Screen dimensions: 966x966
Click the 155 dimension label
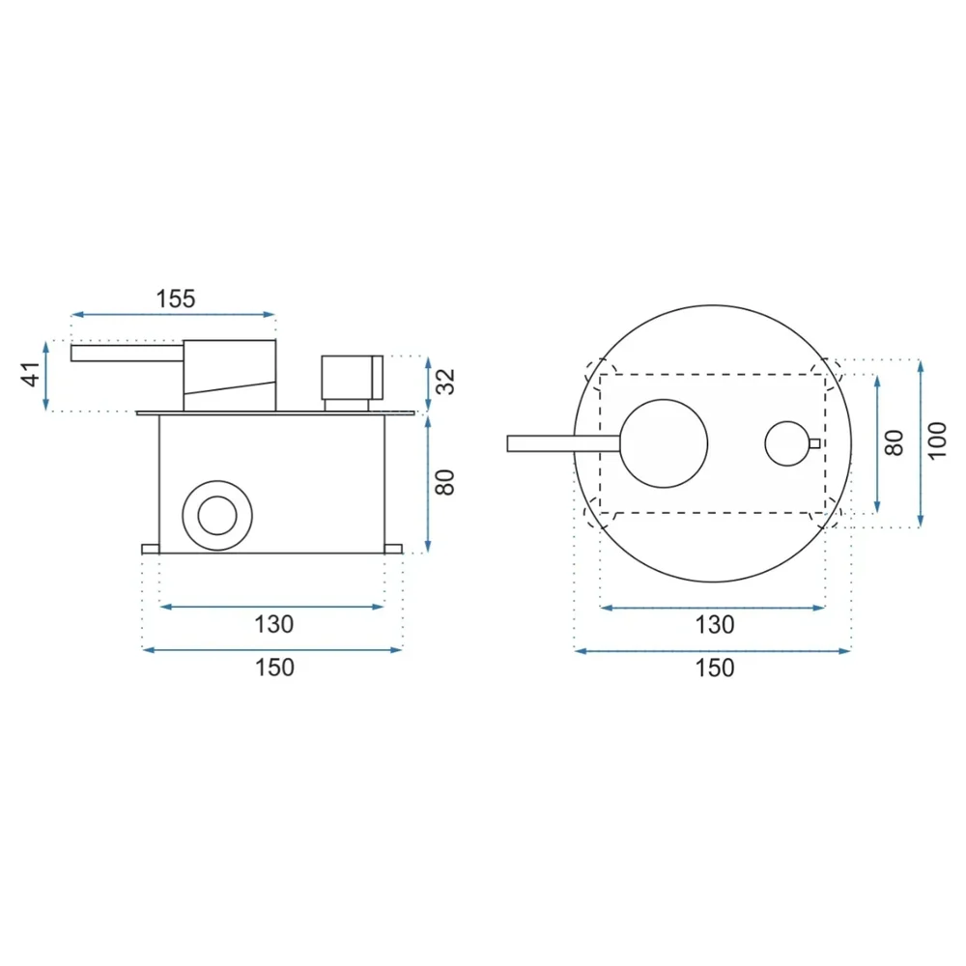click(176, 298)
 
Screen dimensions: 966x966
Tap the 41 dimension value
click(31, 375)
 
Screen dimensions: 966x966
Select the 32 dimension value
click(444, 382)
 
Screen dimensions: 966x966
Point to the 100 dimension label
click(936, 440)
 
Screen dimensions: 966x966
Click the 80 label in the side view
click(444, 482)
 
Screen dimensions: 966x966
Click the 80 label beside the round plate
click(894, 443)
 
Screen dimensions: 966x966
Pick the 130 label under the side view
click(274, 625)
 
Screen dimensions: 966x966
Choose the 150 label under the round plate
click(715, 668)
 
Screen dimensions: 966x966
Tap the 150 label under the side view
click(274, 668)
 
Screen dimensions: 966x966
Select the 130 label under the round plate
click(715, 625)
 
